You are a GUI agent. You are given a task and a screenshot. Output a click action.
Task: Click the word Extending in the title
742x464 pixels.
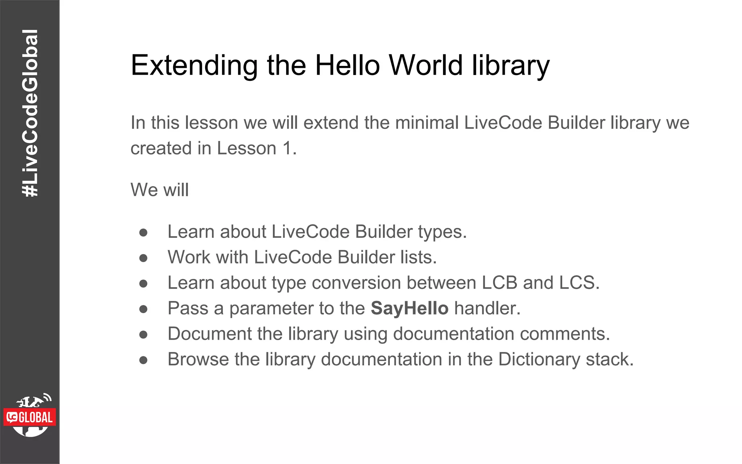click(194, 66)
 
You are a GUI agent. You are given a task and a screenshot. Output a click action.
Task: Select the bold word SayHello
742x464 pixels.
click(409, 308)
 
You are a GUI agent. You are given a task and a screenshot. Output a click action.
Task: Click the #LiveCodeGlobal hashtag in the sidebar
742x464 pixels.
click(30, 113)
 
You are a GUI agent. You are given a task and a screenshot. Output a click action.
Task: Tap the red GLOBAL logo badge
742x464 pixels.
click(30, 417)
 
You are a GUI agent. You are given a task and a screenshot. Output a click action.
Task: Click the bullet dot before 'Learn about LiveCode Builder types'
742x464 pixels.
click(143, 232)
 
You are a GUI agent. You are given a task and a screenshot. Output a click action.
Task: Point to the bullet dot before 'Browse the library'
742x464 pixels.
click(143, 360)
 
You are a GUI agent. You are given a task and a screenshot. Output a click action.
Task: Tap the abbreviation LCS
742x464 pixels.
click(579, 283)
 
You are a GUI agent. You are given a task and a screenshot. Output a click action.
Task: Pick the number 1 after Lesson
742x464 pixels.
click(287, 148)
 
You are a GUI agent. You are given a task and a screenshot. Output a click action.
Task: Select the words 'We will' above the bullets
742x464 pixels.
click(159, 190)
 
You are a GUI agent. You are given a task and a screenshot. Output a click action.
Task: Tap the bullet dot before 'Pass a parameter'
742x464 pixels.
click(143, 309)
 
